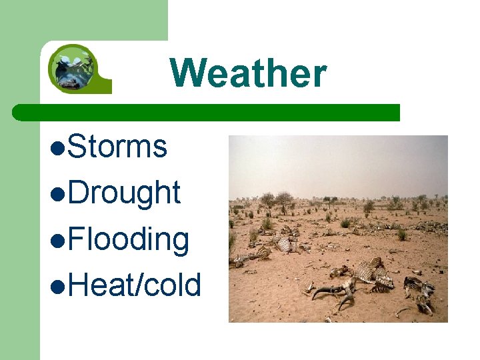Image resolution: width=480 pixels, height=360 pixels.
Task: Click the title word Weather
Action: point(248,73)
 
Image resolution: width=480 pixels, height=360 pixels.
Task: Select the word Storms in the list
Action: point(117,147)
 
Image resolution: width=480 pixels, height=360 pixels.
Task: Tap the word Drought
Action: point(124,193)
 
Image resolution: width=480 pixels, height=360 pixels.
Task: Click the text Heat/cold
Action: point(134,285)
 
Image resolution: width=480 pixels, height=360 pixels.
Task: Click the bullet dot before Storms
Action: point(59,148)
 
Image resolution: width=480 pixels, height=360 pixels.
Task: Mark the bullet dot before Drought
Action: point(59,194)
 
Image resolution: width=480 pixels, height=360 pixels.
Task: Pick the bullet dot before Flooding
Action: point(59,240)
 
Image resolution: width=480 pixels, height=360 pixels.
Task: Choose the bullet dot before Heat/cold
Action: point(59,286)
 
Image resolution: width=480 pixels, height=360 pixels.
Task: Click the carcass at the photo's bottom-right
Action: point(419,293)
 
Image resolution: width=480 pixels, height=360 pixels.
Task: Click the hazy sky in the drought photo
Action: point(338,163)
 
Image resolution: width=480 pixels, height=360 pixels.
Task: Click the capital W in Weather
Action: point(189,73)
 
